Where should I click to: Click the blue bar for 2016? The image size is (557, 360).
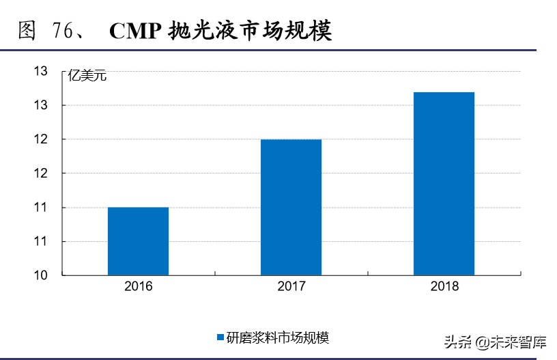click(x=138, y=241)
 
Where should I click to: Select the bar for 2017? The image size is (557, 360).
click(x=291, y=207)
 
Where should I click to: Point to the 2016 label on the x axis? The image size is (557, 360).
click(x=138, y=286)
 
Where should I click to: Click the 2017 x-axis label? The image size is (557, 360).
click(x=291, y=286)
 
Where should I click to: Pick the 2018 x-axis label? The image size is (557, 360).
click(x=444, y=286)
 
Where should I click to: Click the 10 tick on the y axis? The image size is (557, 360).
click(x=40, y=275)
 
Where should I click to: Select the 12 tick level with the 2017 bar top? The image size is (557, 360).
click(x=40, y=139)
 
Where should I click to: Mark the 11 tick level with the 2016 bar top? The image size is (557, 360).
click(x=40, y=208)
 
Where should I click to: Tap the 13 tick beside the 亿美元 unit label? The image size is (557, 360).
click(x=40, y=71)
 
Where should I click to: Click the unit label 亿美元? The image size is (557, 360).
click(x=87, y=76)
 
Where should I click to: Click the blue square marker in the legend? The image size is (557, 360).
click(x=220, y=337)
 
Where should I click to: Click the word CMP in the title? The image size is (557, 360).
click(x=134, y=31)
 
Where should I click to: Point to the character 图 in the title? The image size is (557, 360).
click(x=27, y=31)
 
